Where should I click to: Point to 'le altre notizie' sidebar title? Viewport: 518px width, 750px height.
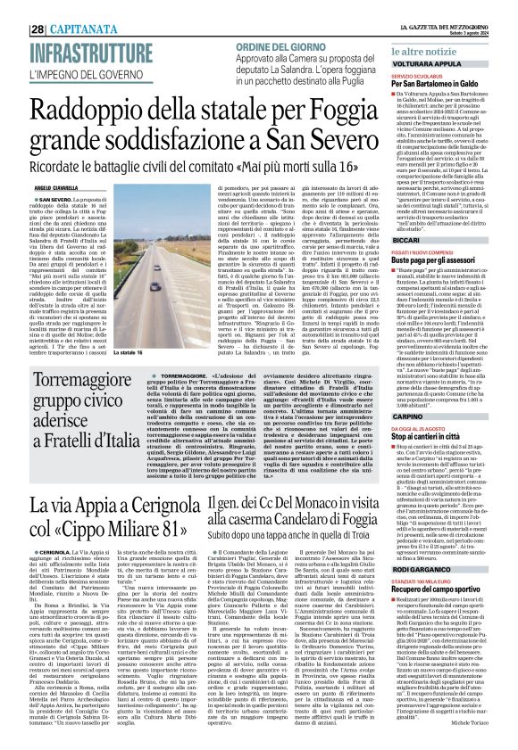[x=426, y=29]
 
